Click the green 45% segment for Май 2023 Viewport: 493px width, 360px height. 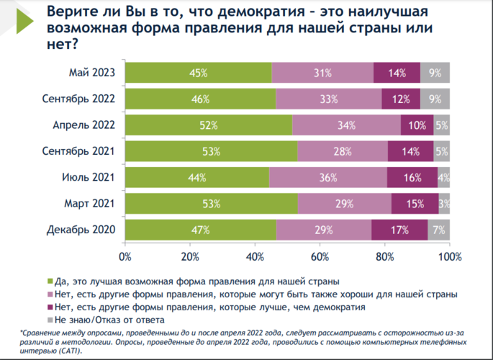[199, 73]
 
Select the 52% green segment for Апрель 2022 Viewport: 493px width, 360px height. [209, 125]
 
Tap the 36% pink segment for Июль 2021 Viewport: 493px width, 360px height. [328, 178]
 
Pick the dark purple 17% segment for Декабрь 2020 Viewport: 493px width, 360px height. [399, 230]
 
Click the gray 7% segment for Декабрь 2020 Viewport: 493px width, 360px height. [438, 230]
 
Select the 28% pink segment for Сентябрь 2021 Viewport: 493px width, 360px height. [343, 152]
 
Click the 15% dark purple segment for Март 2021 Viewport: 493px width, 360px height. [415, 204]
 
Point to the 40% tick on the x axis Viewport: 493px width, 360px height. [255, 256]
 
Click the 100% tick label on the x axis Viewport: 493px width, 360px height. [450, 256]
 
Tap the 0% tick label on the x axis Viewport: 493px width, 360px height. [125, 256]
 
